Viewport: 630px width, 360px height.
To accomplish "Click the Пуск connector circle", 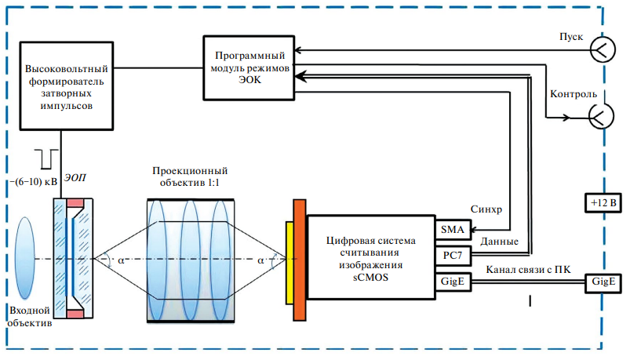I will [x=603, y=49].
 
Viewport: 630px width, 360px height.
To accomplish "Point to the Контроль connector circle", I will [x=603, y=117].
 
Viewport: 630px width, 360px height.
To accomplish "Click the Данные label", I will [x=498, y=242].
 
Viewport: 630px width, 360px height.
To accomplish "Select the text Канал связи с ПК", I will [x=533, y=271].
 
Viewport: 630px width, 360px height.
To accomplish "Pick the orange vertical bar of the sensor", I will [x=299, y=259].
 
